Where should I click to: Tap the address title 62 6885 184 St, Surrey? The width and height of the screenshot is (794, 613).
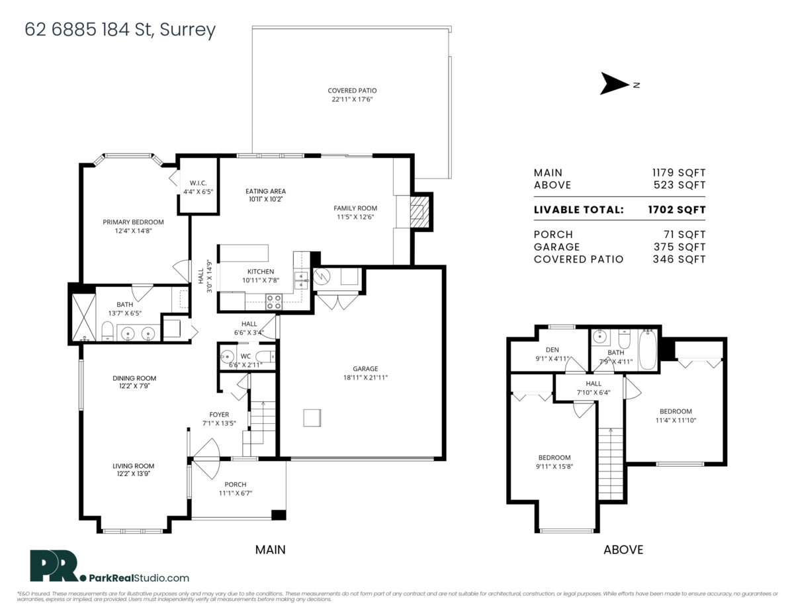tap(120, 30)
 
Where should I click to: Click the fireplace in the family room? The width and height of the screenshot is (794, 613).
tap(418, 212)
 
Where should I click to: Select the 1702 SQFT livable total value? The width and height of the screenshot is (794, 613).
tap(676, 210)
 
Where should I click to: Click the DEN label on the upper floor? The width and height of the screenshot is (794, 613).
tap(552, 350)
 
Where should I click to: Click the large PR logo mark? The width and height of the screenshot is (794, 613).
tap(54, 566)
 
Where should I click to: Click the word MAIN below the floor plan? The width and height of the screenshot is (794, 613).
tap(271, 550)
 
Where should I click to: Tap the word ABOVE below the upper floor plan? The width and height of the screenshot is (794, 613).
tap(623, 550)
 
